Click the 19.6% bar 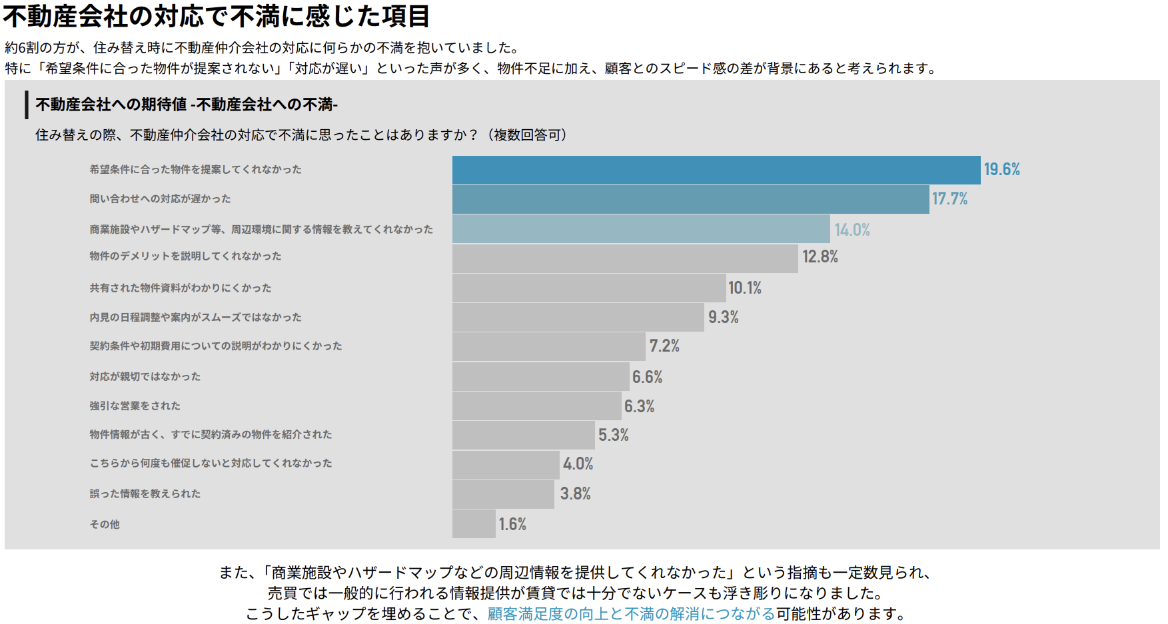click(x=716, y=170)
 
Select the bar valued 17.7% click(x=690, y=199)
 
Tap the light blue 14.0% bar click(x=641, y=228)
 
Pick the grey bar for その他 click(x=474, y=524)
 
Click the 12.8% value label click(x=820, y=257)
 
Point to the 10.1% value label click(x=744, y=288)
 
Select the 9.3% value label click(x=723, y=317)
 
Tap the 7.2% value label click(x=664, y=346)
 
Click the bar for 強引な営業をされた click(x=536, y=406)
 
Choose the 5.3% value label click(x=613, y=435)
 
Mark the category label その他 click(x=105, y=524)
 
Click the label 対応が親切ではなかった click(x=145, y=376)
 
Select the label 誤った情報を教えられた click(x=145, y=493)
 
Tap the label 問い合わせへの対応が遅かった click(x=160, y=198)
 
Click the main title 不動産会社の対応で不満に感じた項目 click(x=217, y=16)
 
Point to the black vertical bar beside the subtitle click(x=27, y=105)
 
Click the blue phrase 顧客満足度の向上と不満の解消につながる click(x=631, y=613)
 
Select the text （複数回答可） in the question click(x=527, y=135)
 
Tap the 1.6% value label click(x=512, y=524)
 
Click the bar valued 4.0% click(x=506, y=465)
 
